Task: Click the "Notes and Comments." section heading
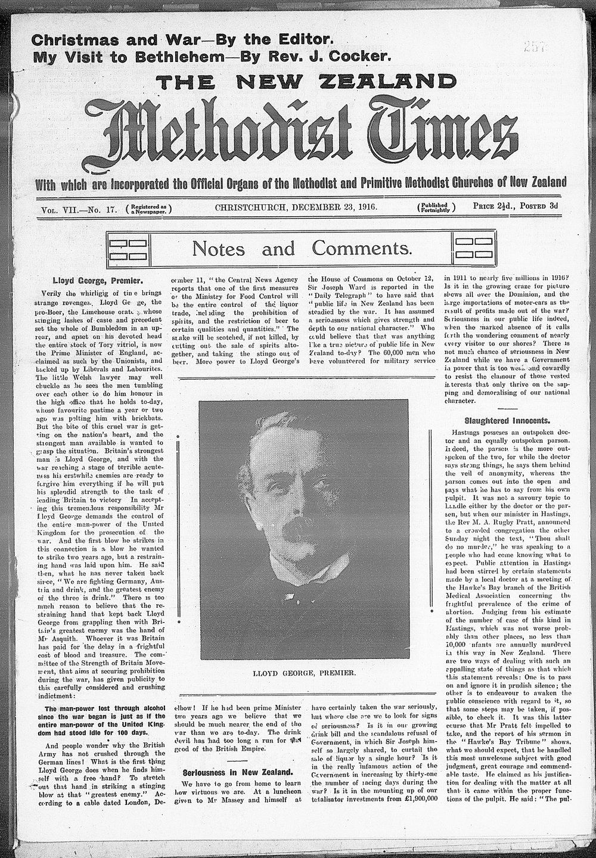pyautogui.click(x=302, y=248)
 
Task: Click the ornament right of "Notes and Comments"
pyautogui.click(x=474, y=248)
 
